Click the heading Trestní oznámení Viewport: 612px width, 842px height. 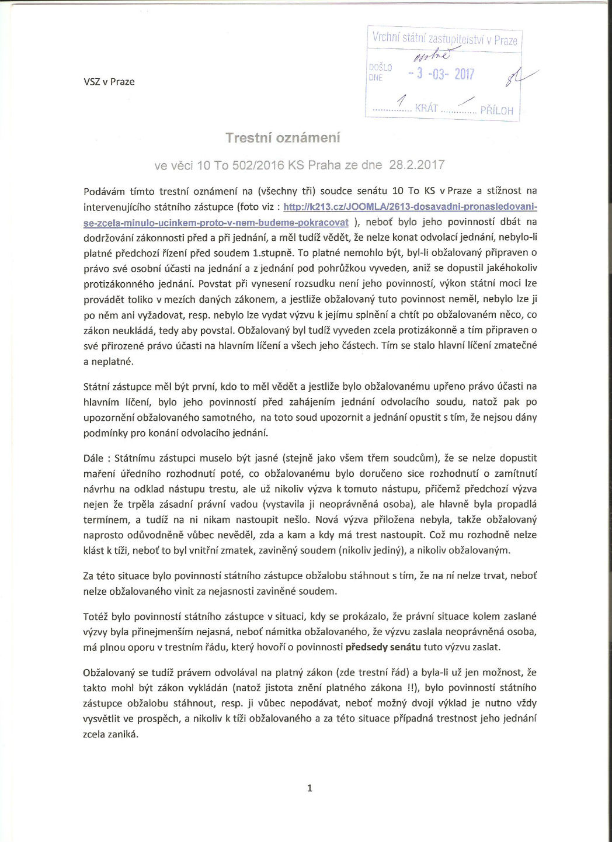pyautogui.click(x=283, y=138)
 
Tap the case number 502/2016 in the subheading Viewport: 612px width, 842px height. pyautogui.click(x=257, y=165)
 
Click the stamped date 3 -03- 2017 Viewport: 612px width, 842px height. pyautogui.click(x=441, y=74)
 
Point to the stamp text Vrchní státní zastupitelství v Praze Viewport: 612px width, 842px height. pyautogui.click(x=444, y=39)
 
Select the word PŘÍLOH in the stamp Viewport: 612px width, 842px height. pyautogui.click(x=496, y=110)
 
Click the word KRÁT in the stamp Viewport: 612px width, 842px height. pyautogui.click(x=426, y=109)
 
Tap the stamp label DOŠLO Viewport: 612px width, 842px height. pyautogui.click(x=380, y=68)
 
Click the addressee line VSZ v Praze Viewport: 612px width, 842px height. pyautogui.click(x=109, y=82)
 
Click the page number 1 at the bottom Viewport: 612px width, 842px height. pyautogui.click(x=310, y=788)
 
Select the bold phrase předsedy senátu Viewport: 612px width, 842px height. pyautogui.click(x=383, y=647)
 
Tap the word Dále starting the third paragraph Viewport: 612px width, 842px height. pyautogui.click(x=93, y=458)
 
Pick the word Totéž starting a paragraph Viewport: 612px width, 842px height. pyautogui.click(x=96, y=616)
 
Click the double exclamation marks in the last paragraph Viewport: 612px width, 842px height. pyautogui.click(x=410, y=688)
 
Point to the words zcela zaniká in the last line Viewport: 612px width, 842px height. pyautogui.click(x=111, y=734)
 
